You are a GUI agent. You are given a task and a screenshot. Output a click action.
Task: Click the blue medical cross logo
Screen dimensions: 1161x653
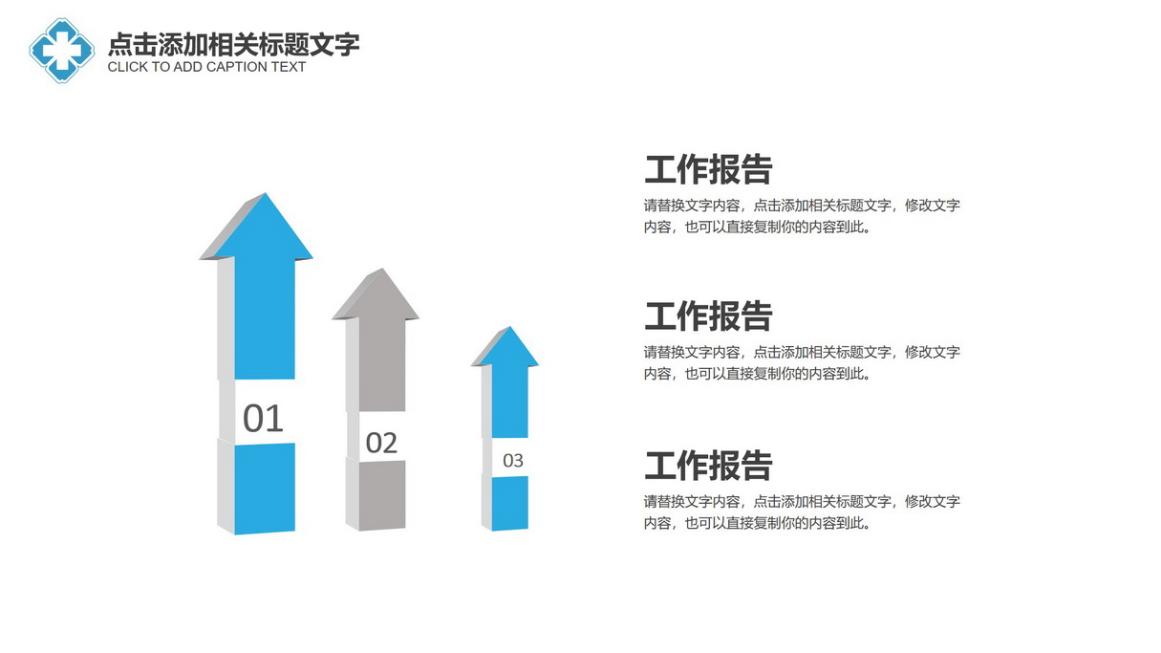tap(62, 51)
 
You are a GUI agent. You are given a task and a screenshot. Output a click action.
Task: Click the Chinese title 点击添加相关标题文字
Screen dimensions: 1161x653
tap(234, 44)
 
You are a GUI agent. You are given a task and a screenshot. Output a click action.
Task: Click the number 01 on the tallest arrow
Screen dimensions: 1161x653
tap(263, 419)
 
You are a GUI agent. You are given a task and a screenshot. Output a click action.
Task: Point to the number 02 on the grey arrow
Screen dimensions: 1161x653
tap(381, 443)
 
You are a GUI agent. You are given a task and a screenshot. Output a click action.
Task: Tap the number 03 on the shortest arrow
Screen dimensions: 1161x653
tap(513, 461)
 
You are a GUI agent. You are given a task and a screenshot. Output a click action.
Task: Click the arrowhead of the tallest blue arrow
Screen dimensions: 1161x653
tap(256, 227)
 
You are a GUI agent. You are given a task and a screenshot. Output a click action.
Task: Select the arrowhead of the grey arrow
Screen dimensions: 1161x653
tap(376, 294)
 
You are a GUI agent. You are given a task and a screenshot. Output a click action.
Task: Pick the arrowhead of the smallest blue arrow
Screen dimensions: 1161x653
tap(505, 346)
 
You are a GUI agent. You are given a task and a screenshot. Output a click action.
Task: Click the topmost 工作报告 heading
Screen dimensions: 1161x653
tap(708, 169)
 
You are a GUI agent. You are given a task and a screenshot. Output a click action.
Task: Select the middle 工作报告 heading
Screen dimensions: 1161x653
tap(708, 316)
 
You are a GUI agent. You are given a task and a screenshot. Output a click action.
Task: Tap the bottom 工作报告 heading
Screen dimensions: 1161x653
tap(708, 466)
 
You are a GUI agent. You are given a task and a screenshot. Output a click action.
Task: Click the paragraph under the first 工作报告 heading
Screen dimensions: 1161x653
tap(802, 216)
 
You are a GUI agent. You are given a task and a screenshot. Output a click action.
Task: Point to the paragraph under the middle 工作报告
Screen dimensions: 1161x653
tap(802, 363)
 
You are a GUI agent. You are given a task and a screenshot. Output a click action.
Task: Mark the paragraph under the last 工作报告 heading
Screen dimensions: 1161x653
tap(802, 512)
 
